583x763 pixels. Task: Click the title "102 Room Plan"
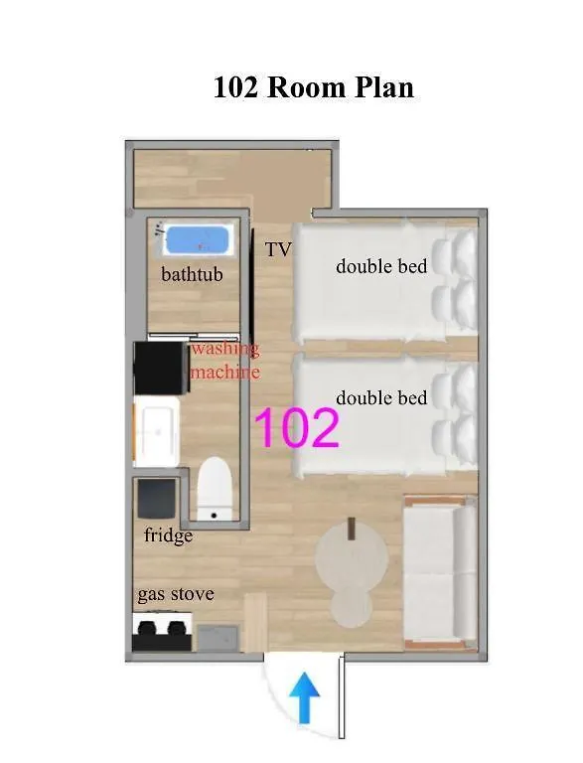314,87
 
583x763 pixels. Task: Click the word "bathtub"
193,274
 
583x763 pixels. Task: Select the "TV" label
278,249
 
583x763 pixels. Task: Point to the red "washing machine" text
224,361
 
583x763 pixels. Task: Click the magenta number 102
296,428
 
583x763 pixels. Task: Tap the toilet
214,489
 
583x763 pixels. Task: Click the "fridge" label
169,535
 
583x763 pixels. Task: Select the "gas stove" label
176,595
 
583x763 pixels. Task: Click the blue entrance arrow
304,697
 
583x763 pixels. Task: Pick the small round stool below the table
352,608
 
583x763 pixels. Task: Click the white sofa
440,572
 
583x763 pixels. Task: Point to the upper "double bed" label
381,266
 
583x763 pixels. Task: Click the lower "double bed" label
381,398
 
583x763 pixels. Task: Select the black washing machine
161,368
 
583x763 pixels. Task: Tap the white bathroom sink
157,431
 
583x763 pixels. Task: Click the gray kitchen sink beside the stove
219,638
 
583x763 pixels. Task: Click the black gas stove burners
162,632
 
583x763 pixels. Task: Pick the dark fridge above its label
156,499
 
